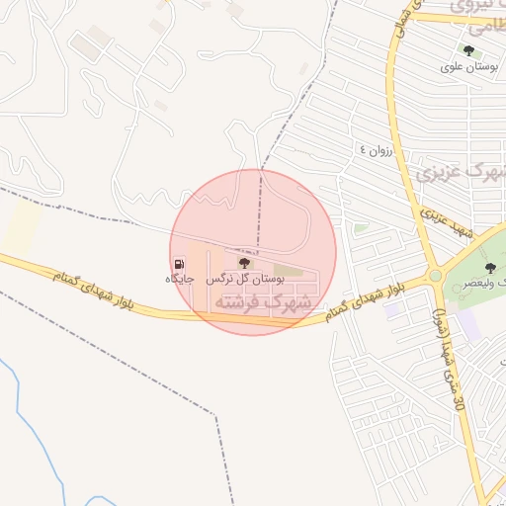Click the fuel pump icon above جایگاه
tap(179, 264)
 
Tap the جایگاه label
tap(179, 280)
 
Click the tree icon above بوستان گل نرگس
tap(245, 264)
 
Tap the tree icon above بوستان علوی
tap(468, 50)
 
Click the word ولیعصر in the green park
tap(480, 282)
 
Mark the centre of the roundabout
tap(435, 275)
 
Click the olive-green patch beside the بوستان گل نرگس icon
tap(287, 268)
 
